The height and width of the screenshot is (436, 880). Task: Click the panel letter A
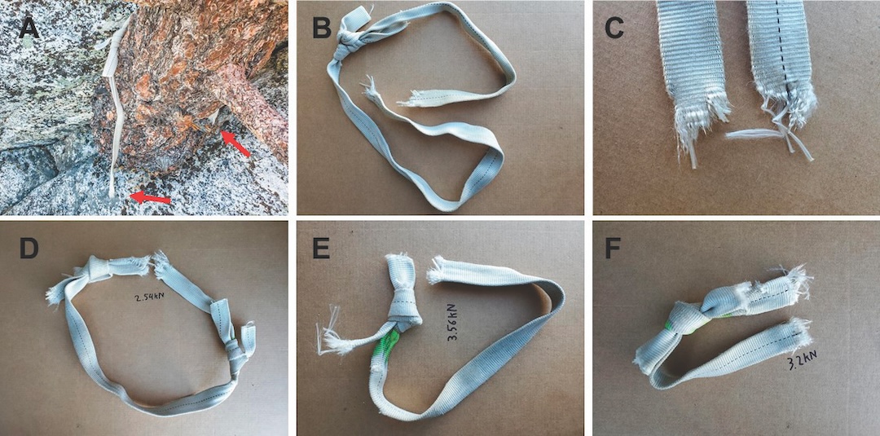29,28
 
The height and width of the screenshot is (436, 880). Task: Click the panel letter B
322,28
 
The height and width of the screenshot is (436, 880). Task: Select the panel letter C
614,28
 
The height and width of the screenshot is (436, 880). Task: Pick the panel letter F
614,249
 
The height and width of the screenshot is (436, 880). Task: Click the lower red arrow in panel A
150,197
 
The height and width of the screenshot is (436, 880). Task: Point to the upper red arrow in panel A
235,144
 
